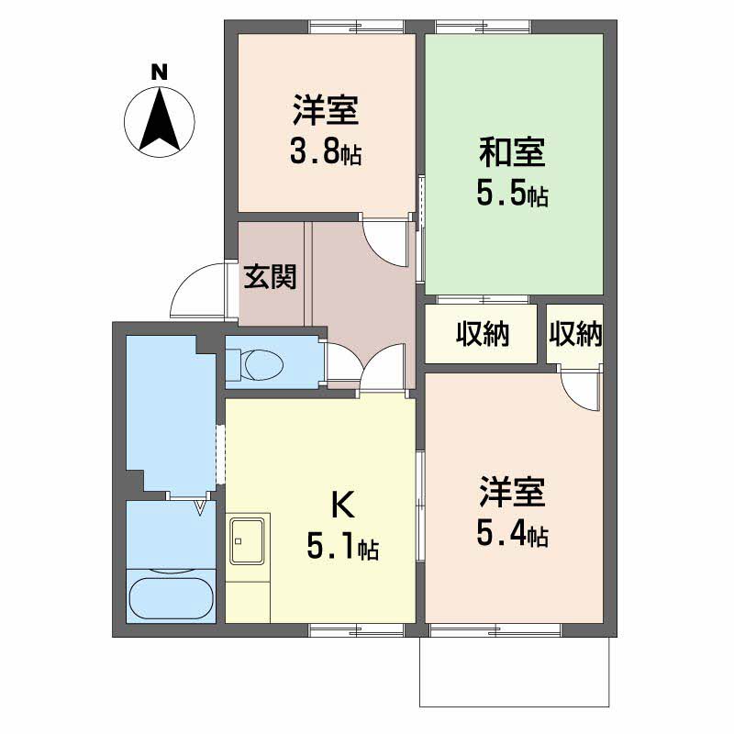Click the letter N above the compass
tap(159, 72)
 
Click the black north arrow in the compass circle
tap(159, 119)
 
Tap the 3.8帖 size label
tap(325, 153)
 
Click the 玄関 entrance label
tap(270, 277)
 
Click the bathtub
tap(172, 596)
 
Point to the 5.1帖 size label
tap(342, 548)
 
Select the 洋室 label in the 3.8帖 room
tap(325, 112)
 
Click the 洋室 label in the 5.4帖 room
tap(512, 492)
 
